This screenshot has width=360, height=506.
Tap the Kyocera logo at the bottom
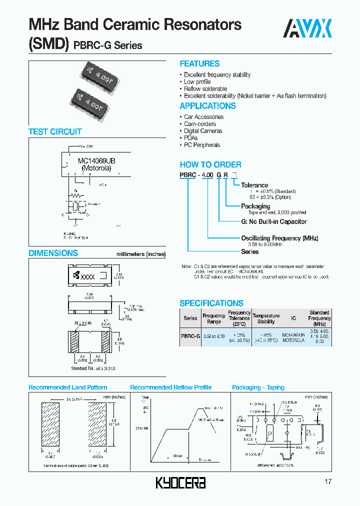pos(181,482)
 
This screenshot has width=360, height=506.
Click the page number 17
pos(328,482)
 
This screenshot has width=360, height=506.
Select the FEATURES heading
pos(199,64)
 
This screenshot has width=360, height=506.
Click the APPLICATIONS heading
pos(207,106)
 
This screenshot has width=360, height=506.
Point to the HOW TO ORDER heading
pos(210,164)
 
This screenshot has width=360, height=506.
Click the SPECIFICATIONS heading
pos(211,303)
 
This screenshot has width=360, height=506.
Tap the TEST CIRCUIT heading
pos(55,132)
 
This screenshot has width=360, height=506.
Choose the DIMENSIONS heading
pos(53,253)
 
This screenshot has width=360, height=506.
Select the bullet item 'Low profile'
pos(197,82)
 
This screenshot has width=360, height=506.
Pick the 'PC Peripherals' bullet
pos(201,145)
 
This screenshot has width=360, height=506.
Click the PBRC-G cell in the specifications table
pos(190,336)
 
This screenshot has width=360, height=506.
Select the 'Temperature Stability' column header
pos(266,318)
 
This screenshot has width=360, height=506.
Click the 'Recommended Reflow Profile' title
pos(170,387)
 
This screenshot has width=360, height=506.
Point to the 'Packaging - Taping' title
pos(258,387)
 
